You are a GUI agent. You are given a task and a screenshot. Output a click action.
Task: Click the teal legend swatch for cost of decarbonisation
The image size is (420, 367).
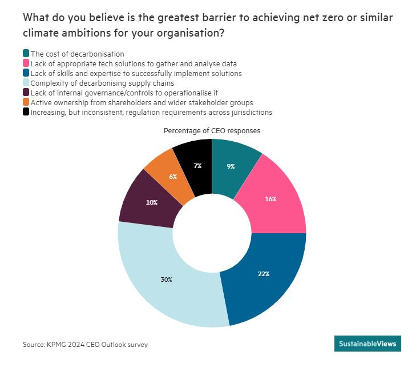pyautogui.click(x=26, y=54)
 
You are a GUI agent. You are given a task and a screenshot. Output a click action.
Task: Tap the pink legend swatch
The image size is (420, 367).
pyautogui.click(x=26, y=63)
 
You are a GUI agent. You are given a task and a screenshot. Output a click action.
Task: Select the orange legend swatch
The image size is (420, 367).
pyautogui.click(x=26, y=102)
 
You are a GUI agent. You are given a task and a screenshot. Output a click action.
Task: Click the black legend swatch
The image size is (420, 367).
pyautogui.click(x=26, y=112)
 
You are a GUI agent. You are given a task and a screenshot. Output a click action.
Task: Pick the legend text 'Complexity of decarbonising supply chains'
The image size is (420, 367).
pyautogui.click(x=95, y=83)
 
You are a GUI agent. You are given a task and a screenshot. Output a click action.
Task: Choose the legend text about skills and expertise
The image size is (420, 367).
pyautogui.click(x=136, y=73)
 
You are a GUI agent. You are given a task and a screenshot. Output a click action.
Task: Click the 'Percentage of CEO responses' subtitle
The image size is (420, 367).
pyautogui.click(x=212, y=130)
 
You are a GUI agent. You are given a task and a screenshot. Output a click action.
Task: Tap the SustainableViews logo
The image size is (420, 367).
pyautogui.click(x=367, y=344)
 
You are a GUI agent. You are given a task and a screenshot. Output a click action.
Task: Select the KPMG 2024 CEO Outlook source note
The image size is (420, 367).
pyautogui.click(x=88, y=345)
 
